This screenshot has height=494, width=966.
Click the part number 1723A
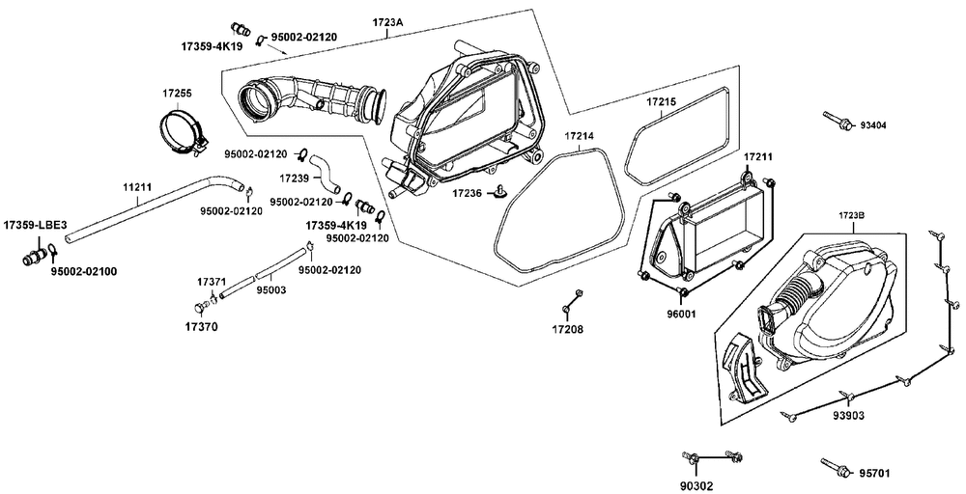(x=387, y=21)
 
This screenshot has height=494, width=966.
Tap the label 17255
(x=177, y=94)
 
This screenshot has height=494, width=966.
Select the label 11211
(x=136, y=186)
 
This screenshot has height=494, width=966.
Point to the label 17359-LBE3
(x=34, y=225)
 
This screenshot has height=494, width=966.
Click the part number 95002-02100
(x=83, y=271)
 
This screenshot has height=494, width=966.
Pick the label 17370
(x=203, y=327)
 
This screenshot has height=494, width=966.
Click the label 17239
(x=295, y=178)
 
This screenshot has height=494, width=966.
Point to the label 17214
(x=579, y=137)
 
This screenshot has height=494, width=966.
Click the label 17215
(x=661, y=100)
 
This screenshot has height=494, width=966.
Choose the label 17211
(x=758, y=156)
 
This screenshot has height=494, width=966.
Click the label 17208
(x=567, y=329)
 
